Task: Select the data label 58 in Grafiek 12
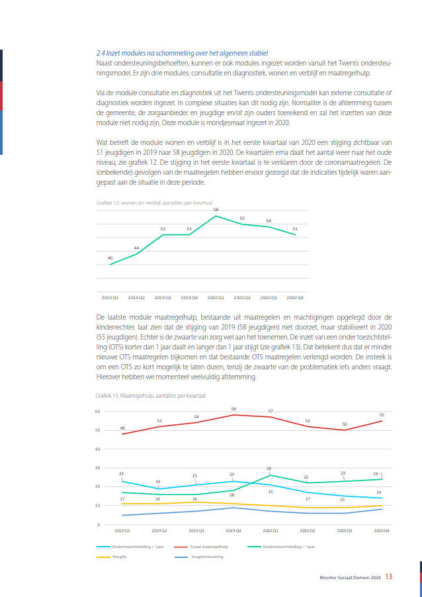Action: coord(216,210)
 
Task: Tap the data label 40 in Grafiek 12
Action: coord(110,258)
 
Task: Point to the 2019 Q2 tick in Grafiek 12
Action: coord(136,298)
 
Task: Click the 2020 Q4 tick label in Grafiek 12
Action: coord(294,298)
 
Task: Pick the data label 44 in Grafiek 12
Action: coord(136,248)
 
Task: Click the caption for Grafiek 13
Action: coord(150,396)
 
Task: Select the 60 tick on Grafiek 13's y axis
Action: coord(97,412)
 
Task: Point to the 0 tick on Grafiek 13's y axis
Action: coord(98,525)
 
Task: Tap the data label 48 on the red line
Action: coord(122,428)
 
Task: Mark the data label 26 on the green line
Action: coord(269,469)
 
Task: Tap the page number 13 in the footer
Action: coord(388,576)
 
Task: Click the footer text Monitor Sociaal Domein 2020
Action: coord(350,577)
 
